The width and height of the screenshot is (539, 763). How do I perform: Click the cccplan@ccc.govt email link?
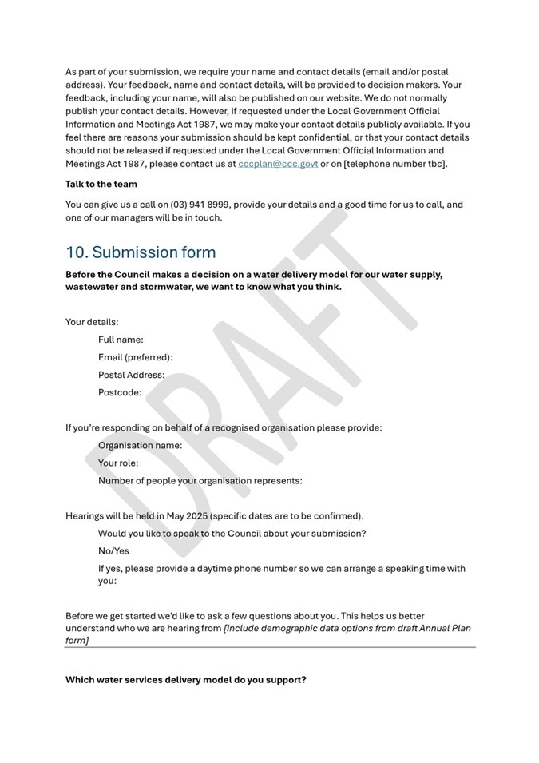tap(278, 164)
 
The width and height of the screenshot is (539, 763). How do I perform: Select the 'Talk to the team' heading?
tap(101, 185)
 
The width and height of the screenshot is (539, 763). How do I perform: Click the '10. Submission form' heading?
tap(141, 252)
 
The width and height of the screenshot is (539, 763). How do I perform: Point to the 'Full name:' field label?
tap(121, 340)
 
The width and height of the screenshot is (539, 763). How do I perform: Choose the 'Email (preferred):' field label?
tap(135, 357)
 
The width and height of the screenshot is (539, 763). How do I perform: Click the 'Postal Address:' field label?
tap(131, 375)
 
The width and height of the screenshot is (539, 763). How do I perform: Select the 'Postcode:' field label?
tap(120, 392)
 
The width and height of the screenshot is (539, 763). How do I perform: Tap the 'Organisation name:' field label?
tap(140, 445)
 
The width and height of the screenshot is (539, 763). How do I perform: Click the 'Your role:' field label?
tap(118, 463)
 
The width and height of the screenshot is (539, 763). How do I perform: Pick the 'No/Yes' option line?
tap(113, 551)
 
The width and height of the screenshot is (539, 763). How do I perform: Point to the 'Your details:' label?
tap(92, 322)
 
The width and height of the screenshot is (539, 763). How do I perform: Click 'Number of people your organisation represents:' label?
tap(200, 481)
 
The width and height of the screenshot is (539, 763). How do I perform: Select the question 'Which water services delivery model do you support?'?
tap(185, 680)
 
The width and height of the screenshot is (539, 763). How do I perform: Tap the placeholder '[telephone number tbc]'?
tap(390, 164)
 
